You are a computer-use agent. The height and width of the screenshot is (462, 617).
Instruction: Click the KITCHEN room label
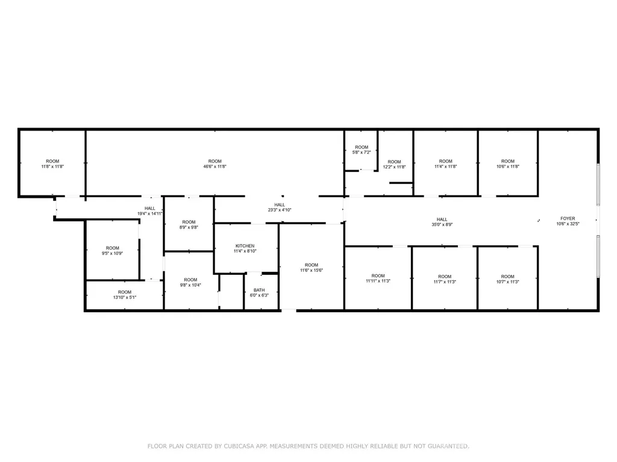coord(245,246)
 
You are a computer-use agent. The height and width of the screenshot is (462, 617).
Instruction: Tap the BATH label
coord(259,290)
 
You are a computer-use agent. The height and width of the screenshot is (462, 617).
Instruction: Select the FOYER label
coord(568,218)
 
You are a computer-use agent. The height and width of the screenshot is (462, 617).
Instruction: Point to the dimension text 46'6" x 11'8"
coord(215,167)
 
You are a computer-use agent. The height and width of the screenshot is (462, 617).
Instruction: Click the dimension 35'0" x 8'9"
coord(442,225)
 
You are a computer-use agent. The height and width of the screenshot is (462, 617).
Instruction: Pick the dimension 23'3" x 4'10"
coord(280,210)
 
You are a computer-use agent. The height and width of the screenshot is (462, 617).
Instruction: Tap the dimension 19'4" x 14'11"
coord(150,214)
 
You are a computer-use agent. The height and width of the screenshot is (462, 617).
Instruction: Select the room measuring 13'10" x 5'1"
coord(124,295)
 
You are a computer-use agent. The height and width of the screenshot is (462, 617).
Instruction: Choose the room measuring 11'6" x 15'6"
coord(312,267)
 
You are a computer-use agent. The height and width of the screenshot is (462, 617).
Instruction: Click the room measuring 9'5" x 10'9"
coord(113,250)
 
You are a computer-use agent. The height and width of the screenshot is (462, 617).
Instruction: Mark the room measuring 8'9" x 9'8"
coord(189,224)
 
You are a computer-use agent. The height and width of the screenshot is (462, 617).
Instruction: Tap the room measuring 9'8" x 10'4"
coord(191,282)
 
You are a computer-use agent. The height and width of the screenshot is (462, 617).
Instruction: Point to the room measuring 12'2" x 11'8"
coord(395,164)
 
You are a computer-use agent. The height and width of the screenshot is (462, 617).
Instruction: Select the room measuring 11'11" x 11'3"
coord(378,279)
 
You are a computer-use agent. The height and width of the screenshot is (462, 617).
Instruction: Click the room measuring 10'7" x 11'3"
coord(507,279)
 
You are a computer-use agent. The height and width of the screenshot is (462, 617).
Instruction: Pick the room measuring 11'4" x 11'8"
coord(445,164)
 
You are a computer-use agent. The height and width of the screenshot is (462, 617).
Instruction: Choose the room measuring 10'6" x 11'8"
coord(507,164)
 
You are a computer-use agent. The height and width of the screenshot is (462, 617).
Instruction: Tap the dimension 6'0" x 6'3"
coord(259,295)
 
